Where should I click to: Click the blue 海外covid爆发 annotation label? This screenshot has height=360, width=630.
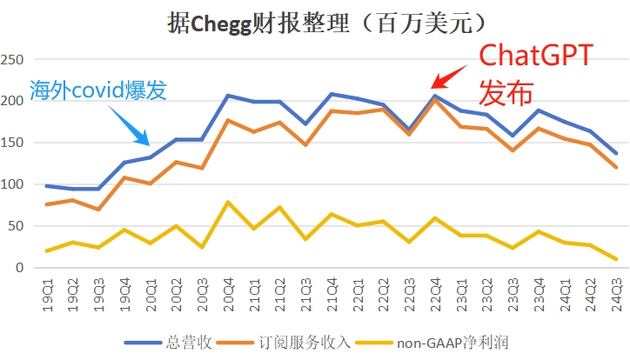pos(97,90)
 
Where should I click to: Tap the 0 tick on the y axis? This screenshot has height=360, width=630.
pos(19,268)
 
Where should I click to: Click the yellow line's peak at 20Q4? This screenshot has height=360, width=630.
pos(228,202)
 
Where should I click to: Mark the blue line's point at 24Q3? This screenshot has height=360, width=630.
pos(615,154)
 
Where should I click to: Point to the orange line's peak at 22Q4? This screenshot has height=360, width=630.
pos(434,99)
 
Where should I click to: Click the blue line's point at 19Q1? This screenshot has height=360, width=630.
pos(47,185)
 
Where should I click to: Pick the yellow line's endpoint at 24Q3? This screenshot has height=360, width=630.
pos(615,259)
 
